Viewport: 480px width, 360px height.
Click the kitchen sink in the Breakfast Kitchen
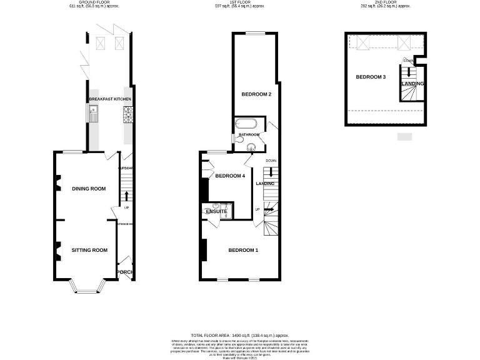[x=93, y=114]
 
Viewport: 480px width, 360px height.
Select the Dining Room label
[x=88, y=189]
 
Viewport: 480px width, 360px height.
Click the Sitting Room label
[x=89, y=250]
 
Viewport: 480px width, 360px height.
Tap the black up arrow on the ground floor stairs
[x=126, y=196]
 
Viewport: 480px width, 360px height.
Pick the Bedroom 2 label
[x=256, y=94]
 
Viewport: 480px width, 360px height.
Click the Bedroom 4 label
[x=229, y=176]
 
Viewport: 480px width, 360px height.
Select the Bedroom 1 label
[x=243, y=251]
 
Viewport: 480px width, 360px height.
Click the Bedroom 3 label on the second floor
[x=371, y=77]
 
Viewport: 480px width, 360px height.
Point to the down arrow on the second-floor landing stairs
[x=409, y=71]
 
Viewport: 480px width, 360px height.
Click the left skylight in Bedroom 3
[x=364, y=43]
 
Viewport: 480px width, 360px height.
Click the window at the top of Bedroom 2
[x=254, y=33]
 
